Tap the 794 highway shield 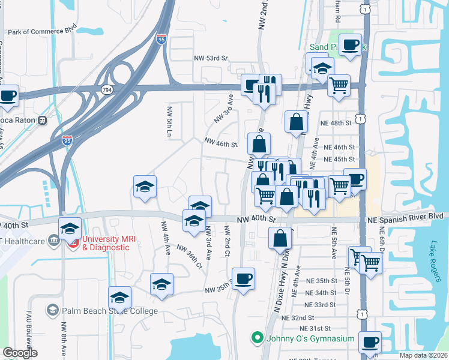(x=107, y=89)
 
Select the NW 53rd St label (x=211, y=58)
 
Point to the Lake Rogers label (x=434, y=254)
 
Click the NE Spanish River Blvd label (x=408, y=215)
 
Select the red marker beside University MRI (x=73, y=243)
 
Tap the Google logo (x=20, y=353)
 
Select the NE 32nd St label (x=298, y=317)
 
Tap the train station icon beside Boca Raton (x=43, y=119)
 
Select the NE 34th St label (x=320, y=293)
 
